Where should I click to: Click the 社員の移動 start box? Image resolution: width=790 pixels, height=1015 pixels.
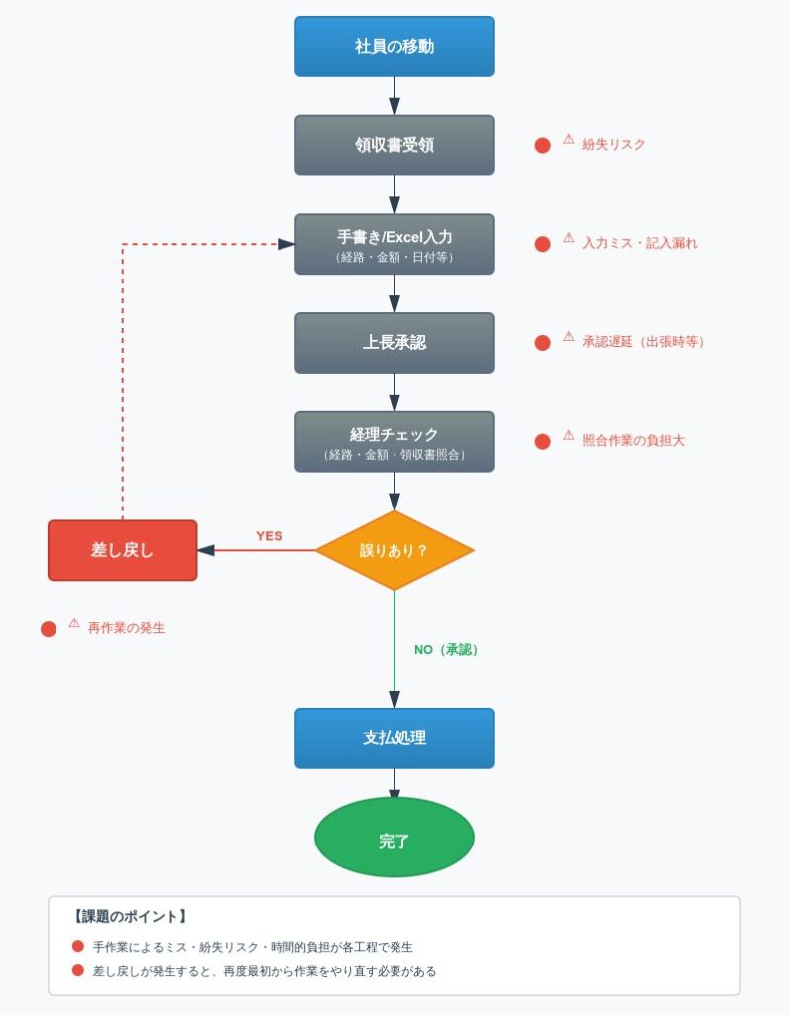coord(394,47)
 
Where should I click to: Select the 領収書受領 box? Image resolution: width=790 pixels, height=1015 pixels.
coord(394,145)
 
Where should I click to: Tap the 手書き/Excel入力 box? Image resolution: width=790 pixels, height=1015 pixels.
coord(394,244)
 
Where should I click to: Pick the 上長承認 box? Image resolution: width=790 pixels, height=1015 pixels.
coord(394,343)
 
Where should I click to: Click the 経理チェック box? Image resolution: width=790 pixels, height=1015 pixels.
coord(394,441)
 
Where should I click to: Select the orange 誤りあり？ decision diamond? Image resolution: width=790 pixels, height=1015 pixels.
coord(394,550)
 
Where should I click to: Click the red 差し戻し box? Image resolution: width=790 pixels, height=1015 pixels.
coord(122,550)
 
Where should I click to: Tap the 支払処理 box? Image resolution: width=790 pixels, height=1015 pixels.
coord(394,737)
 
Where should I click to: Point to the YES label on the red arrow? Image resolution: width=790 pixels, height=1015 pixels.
coord(269,536)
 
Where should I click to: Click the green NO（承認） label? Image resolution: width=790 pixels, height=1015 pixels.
coord(446,650)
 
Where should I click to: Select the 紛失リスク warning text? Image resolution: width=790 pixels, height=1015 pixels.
coord(614,145)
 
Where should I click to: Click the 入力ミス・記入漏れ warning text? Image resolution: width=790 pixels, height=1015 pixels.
coord(639,243)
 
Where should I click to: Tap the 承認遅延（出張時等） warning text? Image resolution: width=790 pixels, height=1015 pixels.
coord(642,342)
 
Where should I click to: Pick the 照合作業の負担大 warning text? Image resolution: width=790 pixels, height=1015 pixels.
coord(633,441)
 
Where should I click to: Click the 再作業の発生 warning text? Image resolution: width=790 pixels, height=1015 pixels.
coord(126,628)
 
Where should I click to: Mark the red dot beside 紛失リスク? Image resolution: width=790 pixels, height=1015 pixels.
coord(542,146)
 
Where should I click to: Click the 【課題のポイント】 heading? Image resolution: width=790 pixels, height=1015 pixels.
coord(130,917)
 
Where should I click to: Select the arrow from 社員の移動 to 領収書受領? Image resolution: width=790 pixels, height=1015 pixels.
coord(394,96)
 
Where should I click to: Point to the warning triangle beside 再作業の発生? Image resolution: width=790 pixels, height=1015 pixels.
coord(74,624)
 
